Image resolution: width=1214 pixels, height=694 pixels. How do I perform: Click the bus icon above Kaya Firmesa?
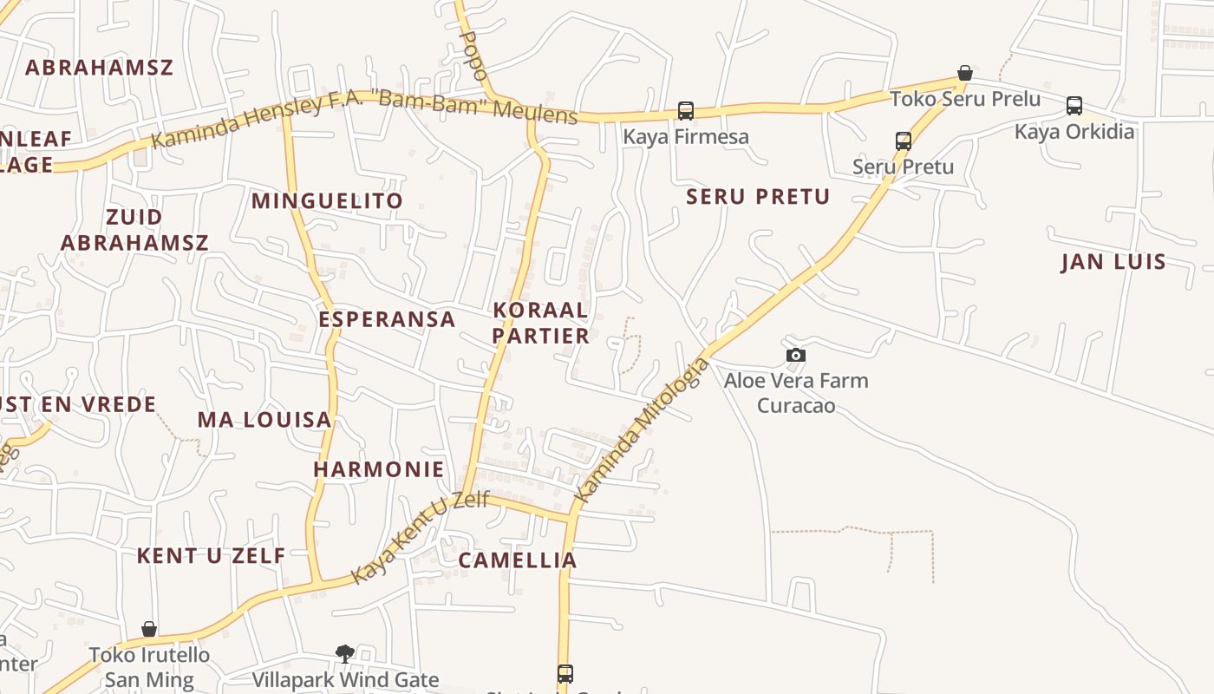(686, 111)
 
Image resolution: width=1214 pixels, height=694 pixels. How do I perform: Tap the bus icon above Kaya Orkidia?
(1074, 106)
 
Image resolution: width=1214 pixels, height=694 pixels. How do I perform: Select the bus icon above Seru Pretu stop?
(904, 141)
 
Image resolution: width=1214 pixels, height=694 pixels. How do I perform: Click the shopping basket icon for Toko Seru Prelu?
(964, 73)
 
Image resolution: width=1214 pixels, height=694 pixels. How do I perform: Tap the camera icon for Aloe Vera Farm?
(796, 355)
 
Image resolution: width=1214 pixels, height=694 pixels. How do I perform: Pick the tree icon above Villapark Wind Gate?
(345, 653)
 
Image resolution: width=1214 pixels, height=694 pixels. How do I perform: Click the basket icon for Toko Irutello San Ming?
(149, 628)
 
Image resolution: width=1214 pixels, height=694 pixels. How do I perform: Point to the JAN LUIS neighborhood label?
(1113, 262)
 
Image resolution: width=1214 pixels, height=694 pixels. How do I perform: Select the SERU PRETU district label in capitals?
(758, 197)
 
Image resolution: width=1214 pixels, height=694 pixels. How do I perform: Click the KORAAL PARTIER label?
(541, 323)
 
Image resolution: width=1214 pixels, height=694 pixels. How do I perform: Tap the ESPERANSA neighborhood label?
(387, 319)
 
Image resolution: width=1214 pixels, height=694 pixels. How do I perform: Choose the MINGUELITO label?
(327, 201)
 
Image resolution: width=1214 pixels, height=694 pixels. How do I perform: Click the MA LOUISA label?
(264, 420)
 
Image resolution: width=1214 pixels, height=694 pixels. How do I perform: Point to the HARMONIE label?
(379, 469)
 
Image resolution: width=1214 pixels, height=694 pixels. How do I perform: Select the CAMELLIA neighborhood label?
(518, 560)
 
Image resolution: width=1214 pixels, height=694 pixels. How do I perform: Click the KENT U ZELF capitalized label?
(211, 556)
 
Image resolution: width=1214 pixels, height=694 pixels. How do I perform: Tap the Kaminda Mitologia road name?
(643, 429)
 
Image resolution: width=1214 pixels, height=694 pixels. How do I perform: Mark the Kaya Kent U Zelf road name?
(421, 537)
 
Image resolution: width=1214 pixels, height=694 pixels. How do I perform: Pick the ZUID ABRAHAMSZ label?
(134, 230)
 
